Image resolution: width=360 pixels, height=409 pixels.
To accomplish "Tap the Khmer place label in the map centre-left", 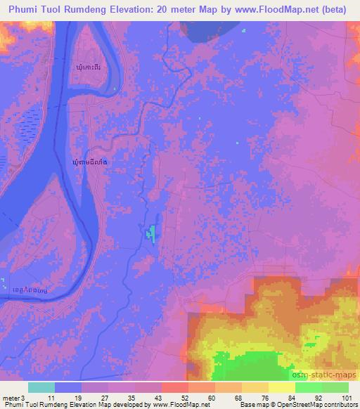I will tap(91, 162).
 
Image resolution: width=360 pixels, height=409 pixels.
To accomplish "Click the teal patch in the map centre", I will tap(151, 233).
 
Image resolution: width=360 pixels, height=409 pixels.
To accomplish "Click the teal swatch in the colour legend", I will tap(41, 387).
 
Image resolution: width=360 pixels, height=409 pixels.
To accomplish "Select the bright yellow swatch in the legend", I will tap(282, 387).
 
